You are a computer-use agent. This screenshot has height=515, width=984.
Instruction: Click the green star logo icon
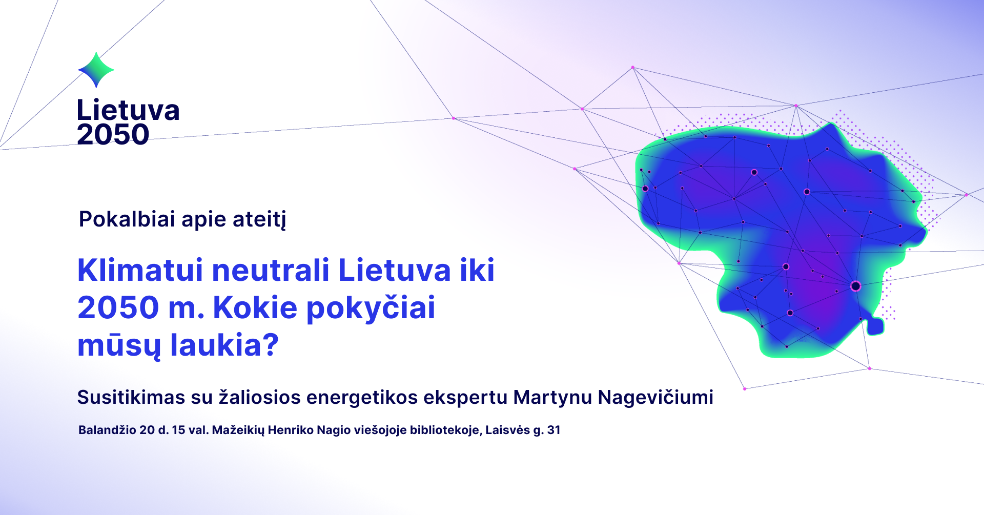tap(96, 70)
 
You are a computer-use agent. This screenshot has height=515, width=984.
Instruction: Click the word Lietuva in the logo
tap(128, 110)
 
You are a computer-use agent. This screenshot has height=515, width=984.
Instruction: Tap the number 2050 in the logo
tap(113, 135)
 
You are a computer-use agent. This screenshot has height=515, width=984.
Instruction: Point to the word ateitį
tap(259, 220)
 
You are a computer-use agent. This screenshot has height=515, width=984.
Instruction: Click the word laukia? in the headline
tap(224, 345)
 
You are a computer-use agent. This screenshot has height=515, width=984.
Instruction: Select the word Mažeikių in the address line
tap(238, 430)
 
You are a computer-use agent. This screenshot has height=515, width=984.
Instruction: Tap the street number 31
tap(554, 430)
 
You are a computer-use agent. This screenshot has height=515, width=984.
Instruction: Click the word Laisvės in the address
tap(507, 430)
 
